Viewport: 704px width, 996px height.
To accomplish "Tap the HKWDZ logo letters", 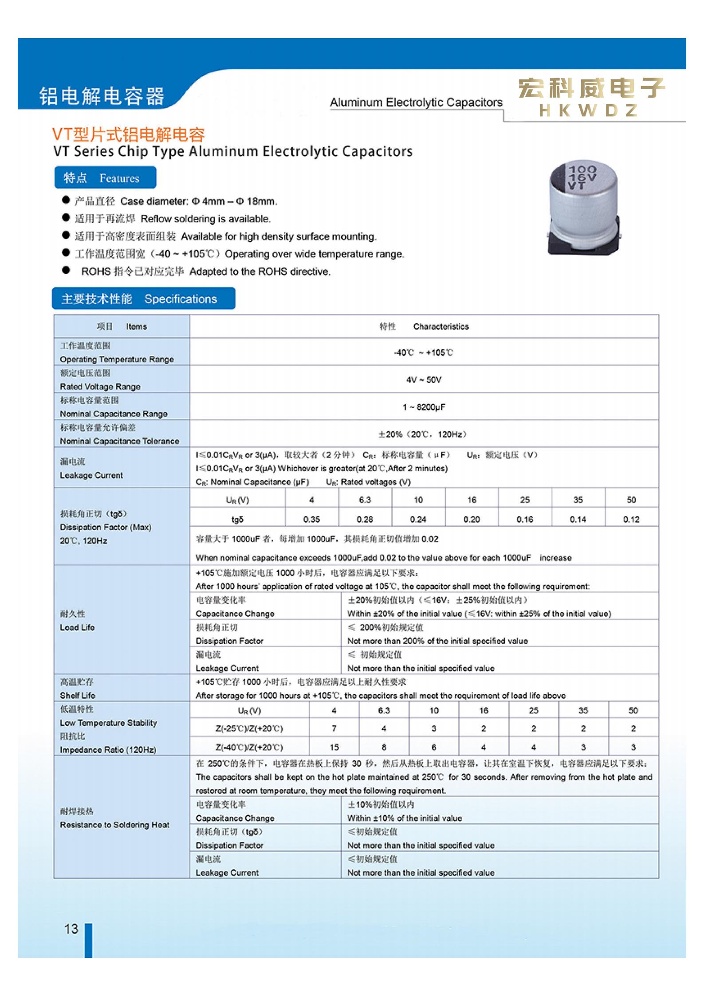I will pos(588,110).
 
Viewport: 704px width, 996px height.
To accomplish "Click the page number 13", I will pos(71,928).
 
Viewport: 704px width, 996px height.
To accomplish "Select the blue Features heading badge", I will pos(105,178).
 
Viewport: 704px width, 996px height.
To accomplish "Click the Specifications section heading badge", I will pos(143,299).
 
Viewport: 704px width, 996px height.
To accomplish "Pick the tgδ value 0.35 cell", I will pos(311,519).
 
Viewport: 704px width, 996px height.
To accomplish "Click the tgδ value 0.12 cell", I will pos(631,519).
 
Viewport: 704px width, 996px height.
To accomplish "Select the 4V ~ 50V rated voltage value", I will pos(424,380).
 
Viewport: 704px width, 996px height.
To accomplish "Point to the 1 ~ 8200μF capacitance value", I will pos(424,407).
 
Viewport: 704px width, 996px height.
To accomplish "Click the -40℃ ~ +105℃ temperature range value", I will pos(424,353).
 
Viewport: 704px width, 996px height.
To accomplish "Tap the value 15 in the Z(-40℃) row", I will pos(334,747).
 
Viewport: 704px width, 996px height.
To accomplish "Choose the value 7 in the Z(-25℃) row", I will pos(334,728).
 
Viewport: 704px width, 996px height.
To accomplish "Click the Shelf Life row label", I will pos(78,695).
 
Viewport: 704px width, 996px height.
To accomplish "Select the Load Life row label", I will pos(78,627).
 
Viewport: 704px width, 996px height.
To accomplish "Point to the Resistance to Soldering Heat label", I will pos(114,825).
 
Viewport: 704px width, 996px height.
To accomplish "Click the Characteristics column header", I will pos(440,327).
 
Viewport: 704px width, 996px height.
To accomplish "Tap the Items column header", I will pos(136,327).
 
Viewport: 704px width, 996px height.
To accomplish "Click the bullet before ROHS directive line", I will pos(67,271).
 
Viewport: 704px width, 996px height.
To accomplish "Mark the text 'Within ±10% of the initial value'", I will pos(405,818).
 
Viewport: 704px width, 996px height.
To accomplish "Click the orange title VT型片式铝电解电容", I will pos(129,134).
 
